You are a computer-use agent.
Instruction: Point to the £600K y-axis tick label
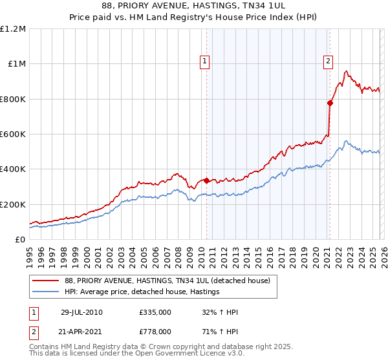click(13, 134)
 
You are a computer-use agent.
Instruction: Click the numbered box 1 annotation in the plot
click(204, 61)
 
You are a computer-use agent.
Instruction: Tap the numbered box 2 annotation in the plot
click(328, 61)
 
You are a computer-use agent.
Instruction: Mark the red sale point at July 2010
click(207, 180)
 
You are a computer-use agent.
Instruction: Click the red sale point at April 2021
click(330, 103)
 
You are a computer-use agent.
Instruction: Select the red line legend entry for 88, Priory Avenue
click(171, 280)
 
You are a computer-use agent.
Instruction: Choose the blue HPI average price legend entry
click(142, 292)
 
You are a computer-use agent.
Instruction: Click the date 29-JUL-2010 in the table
click(81, 312)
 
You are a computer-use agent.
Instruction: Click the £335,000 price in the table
click(155, 312)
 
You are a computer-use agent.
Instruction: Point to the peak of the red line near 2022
click(347, 70)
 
